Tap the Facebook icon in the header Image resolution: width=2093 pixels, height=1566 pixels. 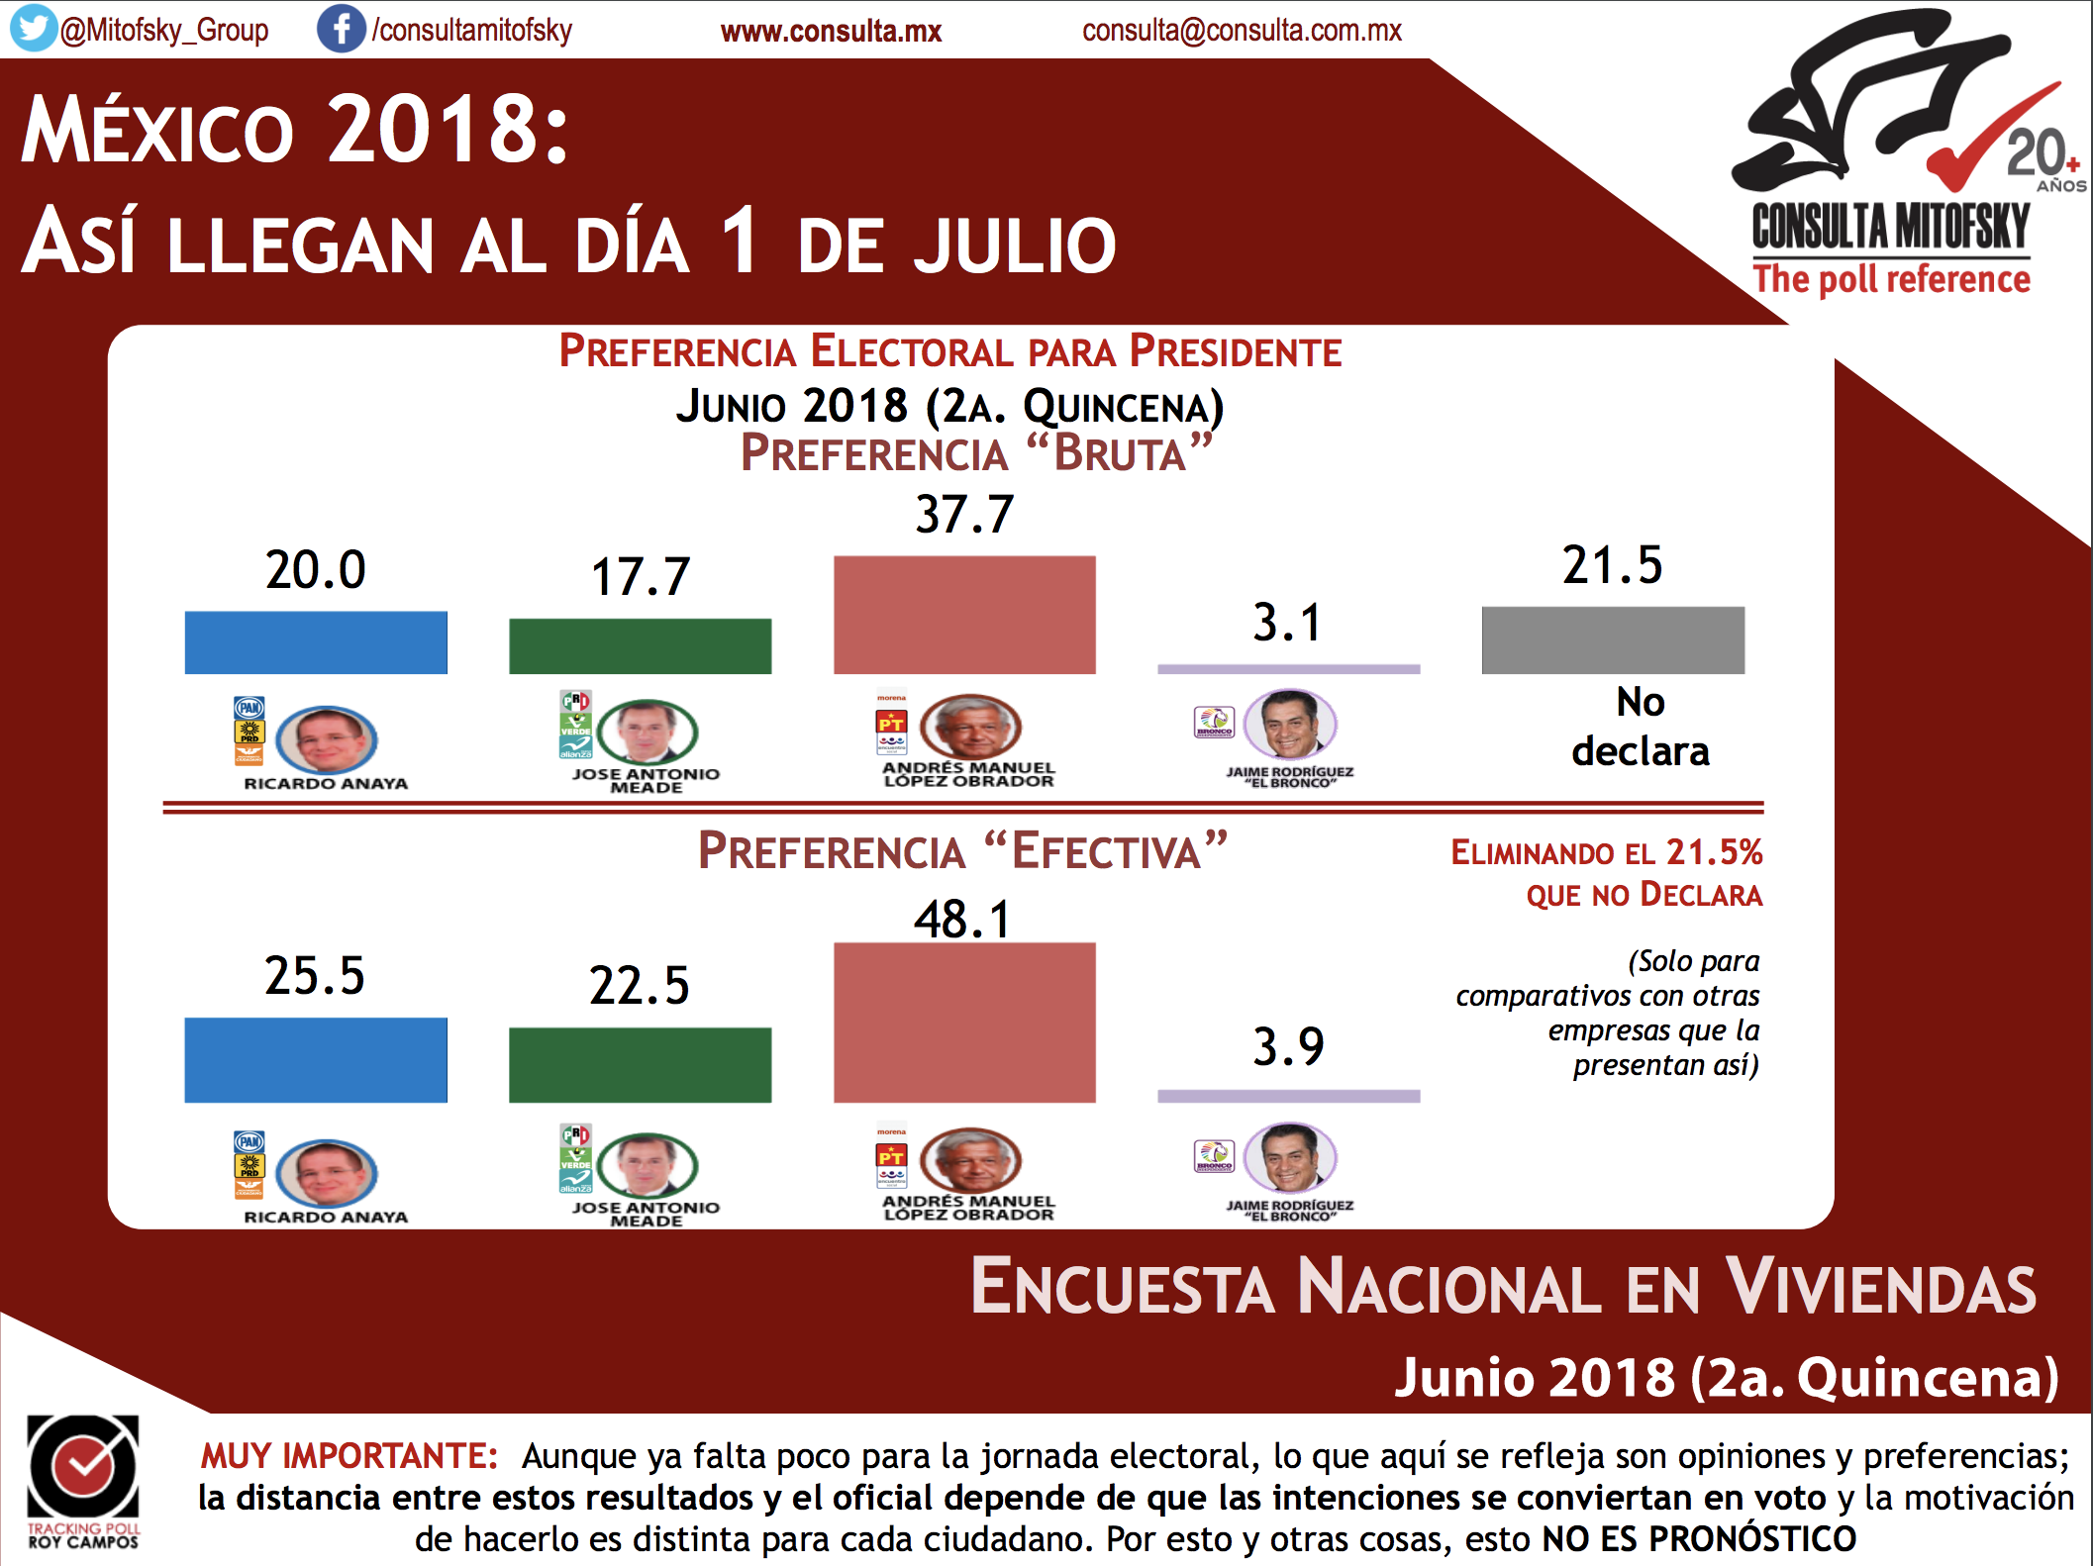pos(340,29)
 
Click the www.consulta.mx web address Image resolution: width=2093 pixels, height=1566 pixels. pos(831,32)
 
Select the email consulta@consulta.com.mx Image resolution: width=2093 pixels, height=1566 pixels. pos(1242,31)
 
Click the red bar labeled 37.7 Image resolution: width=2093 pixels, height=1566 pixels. pos(964,615)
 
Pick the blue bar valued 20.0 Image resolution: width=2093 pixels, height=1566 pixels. pos(316,642)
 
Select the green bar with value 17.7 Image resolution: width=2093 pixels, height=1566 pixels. pos(640,646)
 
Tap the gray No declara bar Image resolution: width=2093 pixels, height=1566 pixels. pos(1613,640)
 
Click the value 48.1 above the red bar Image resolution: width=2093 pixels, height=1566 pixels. pos(962,919)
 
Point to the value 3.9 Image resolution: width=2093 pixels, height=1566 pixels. pos(1288,1046)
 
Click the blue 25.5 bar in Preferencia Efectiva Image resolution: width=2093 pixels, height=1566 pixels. pos(316,1059)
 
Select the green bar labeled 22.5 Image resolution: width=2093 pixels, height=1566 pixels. pos(640,1064)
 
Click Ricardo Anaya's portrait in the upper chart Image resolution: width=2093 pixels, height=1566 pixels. pos(327,739)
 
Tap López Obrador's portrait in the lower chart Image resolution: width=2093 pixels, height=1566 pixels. pos(970,1159)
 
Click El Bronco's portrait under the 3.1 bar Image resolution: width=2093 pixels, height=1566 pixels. pos(1290,724)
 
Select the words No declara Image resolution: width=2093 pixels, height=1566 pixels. pos(1641,727)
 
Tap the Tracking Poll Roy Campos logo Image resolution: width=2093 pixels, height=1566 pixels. pos(83,1481)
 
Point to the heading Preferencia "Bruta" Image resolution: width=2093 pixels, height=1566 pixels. pos(976,453)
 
